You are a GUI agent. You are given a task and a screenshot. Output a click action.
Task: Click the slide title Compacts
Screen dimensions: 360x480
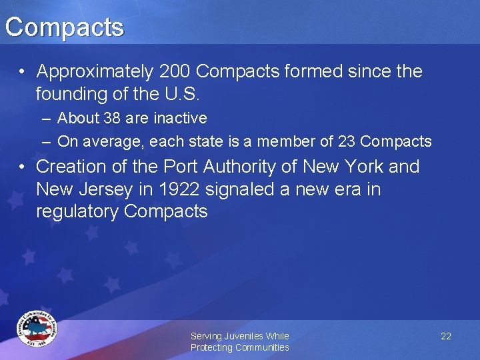[x=64, y=27]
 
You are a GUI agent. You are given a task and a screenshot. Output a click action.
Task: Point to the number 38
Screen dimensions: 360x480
[x=108, y=119]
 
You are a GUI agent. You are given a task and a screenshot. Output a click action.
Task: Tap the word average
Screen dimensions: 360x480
[x=117, y=141]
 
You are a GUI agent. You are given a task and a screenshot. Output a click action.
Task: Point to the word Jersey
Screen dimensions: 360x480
[x=104, y=189]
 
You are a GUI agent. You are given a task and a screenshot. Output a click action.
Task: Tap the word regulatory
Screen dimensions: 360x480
[x=77, y=212]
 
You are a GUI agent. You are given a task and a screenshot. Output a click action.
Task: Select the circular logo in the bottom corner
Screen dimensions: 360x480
[x=37, y=329]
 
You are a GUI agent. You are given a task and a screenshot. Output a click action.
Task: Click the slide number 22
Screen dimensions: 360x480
[x=446, y=336]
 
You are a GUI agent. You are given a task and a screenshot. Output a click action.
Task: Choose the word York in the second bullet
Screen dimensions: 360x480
[x=360, y=167]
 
